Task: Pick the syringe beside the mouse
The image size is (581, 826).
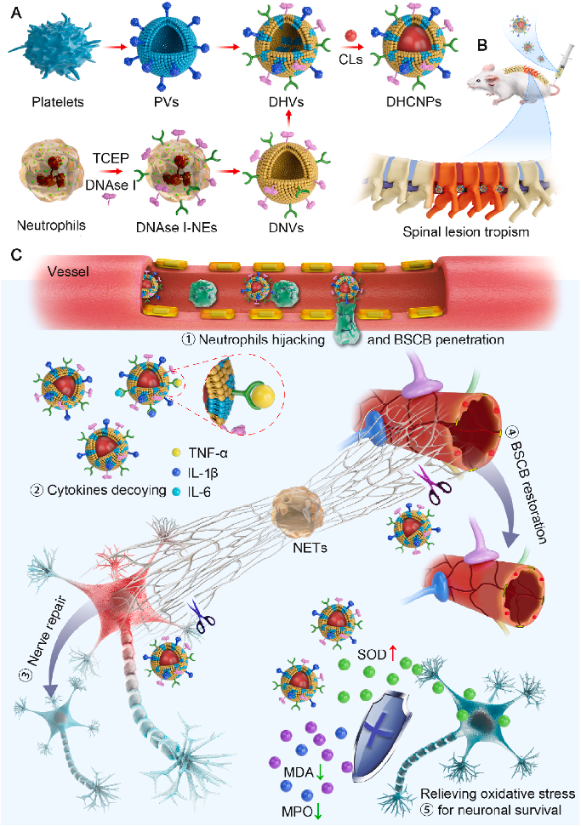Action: pyautogui.click(x=557, y=55)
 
